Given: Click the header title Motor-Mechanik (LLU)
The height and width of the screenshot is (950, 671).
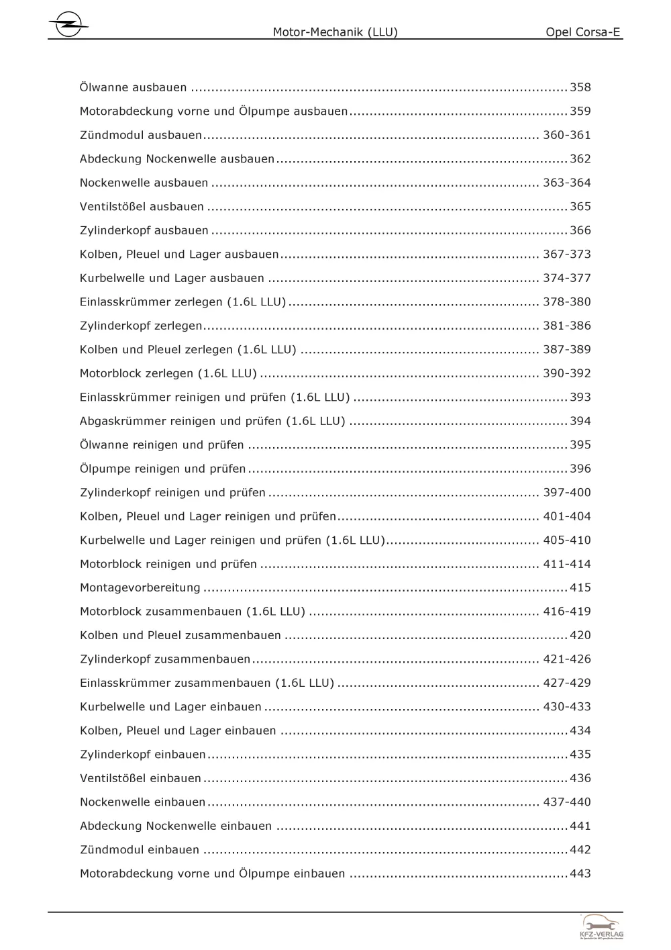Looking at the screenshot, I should click(335, 32).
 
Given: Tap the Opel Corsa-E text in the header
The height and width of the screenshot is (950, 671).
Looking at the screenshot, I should click(582, 32).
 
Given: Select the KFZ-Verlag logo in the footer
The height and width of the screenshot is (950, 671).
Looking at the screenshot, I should click(601, 927).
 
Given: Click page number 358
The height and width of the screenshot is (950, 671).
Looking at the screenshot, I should click(580, 87).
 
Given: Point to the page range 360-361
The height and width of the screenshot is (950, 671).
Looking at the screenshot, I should click(566, 135).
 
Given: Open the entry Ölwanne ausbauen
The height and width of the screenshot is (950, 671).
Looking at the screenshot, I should click(133, 87).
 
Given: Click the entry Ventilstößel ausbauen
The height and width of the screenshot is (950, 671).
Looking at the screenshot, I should click(142, 207).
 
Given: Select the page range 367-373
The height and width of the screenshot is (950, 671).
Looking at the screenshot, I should click(566, 254).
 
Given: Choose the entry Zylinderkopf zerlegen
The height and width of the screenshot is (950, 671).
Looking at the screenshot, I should click(141, 326).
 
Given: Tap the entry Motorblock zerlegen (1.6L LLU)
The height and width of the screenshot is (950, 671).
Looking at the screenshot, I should click(168, 373).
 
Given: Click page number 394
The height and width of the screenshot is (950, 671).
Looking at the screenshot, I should click(580, 421).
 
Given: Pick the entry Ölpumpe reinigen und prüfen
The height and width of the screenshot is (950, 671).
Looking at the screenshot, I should click(162, 469).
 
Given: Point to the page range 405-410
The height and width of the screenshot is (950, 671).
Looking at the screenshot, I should click(566, 540).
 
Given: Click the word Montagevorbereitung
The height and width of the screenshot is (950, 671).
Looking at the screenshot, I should click(140, 588).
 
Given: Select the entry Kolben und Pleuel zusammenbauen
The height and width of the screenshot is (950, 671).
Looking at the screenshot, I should click(180, 635).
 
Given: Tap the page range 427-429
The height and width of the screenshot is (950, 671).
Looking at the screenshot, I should click(566, 683).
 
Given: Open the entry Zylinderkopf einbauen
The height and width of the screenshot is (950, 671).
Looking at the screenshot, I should click(142, 755).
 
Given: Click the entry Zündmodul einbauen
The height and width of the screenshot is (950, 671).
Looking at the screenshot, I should click(139, 850).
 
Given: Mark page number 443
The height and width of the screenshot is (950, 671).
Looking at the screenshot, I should click(580, 873).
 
